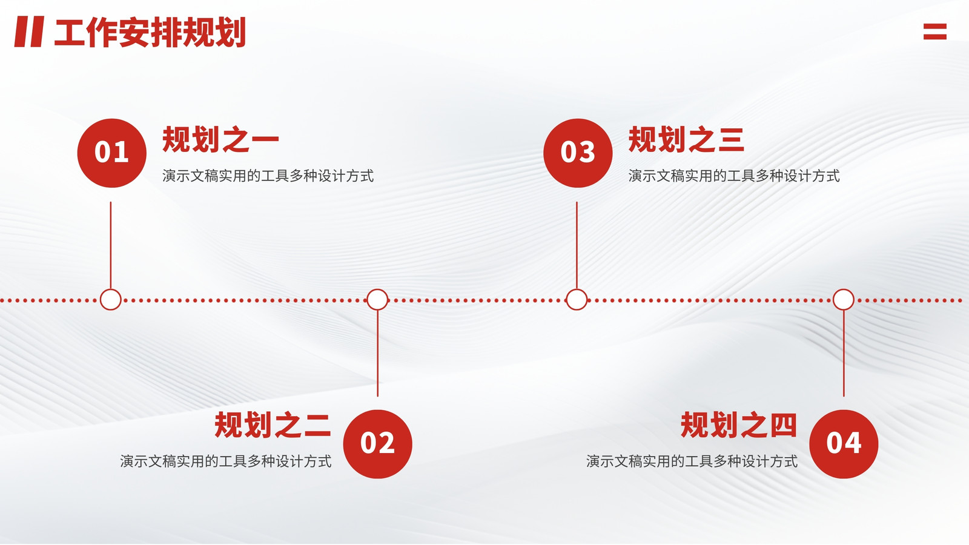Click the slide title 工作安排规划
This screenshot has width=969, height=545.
point(150,32)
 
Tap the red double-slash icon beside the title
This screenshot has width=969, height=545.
point(30,31)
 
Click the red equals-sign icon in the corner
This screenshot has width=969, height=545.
point(935,31)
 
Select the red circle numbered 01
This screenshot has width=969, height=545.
point(111,153)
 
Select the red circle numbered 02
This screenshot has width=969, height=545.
point(378,444)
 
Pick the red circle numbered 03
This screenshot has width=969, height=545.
point(578,153)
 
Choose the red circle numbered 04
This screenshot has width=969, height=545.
point(844,444)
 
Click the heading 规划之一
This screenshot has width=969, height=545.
point(220,139)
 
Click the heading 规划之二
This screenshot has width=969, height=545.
point(273,424)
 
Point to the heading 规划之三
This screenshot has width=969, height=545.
point(687,139)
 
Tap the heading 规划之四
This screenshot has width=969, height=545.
point(739,424)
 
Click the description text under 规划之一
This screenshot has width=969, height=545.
point(268,176)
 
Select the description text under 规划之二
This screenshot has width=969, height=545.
point(226,461)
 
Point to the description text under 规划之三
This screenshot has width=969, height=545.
point(734,176)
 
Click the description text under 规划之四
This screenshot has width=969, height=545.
point(692,461)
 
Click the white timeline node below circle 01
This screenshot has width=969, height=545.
point(111,300)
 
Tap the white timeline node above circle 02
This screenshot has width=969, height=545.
point(378,300)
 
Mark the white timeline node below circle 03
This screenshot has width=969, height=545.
point(577,300)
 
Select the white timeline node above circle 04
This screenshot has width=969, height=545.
point(844,300)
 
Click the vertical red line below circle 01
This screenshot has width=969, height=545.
point(111,245)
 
